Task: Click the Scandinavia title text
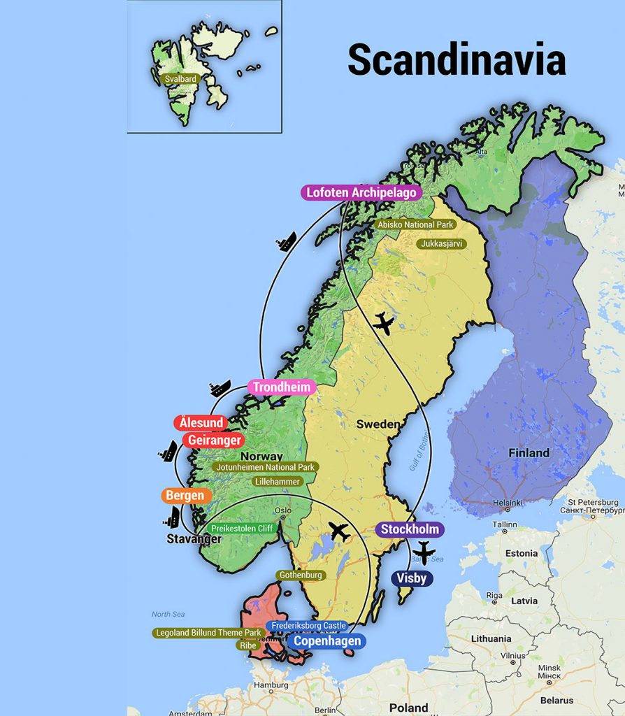point(457,59)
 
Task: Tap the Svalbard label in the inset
point(180,80)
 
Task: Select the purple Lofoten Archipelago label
point(361,192)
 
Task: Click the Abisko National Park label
point(415,225)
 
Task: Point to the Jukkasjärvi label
point(441,244)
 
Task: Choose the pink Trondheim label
point(282,387)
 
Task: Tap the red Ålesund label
point(201,423)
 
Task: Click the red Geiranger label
point(214,441)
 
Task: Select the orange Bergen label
point(185,496)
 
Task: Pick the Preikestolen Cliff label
point(242,529)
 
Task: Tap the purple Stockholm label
point(410,529)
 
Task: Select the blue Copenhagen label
point(326,641)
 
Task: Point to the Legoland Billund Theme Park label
point(208,633)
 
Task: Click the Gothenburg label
point(301,575)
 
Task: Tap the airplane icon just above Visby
point(424,552)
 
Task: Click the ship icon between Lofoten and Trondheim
point(286,242)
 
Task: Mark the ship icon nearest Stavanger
point(172,517)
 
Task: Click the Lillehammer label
point(278,482)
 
